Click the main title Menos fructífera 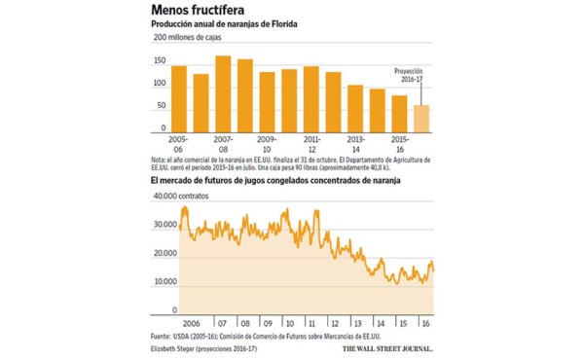[x=201, y=11]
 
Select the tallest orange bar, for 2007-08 [x=222, y=94]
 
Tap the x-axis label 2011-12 [x=311, y=144]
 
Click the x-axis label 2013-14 [x=355, y=144]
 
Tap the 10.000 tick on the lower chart [x=164, y=281]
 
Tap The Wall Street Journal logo [x=386, y=347]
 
